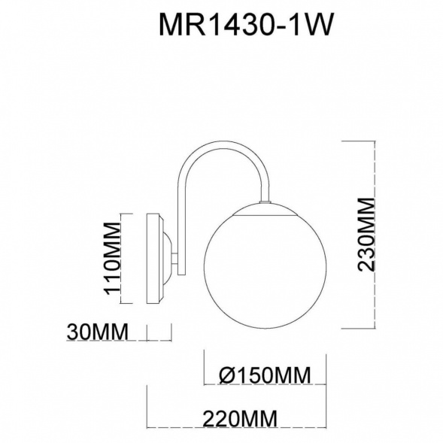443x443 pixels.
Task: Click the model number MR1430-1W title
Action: [x=246, y=25]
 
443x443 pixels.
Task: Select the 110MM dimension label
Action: [x=111, y=259]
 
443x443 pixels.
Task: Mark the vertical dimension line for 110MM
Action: [x=123, y=259]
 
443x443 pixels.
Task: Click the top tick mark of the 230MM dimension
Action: [x=359, y=140]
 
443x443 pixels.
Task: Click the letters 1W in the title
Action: [x=311, y=25]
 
